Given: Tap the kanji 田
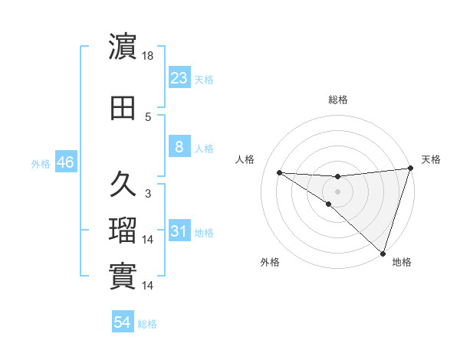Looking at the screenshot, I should tap(123, 108).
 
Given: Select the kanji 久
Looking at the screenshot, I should tap(123, 185).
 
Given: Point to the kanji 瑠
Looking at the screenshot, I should tap(123, 231).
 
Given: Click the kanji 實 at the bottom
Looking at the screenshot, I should tap(123, 277).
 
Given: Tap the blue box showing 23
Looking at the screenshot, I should tap(179, 78).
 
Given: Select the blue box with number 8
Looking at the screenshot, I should tap(179, 148).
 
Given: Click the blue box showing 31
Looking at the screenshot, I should tap(179, 231).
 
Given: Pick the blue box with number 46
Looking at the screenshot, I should tap(65, 163).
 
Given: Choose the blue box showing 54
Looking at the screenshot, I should tap(123, 323).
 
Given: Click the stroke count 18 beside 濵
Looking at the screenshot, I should tap(149, 57).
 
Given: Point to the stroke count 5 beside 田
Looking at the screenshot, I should tap(148, 117).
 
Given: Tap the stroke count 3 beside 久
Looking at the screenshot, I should tap(148, 194).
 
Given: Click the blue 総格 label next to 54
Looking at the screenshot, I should tap(147, 324).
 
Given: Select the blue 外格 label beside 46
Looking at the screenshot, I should tap(41, 164).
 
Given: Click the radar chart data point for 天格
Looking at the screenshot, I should tap(410, 169).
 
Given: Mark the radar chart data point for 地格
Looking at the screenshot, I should tap(383, 254).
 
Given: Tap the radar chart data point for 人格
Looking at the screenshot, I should tap(279, 172).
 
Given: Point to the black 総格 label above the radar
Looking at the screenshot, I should tap(337, 100).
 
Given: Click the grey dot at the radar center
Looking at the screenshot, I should tap(337, 191).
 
